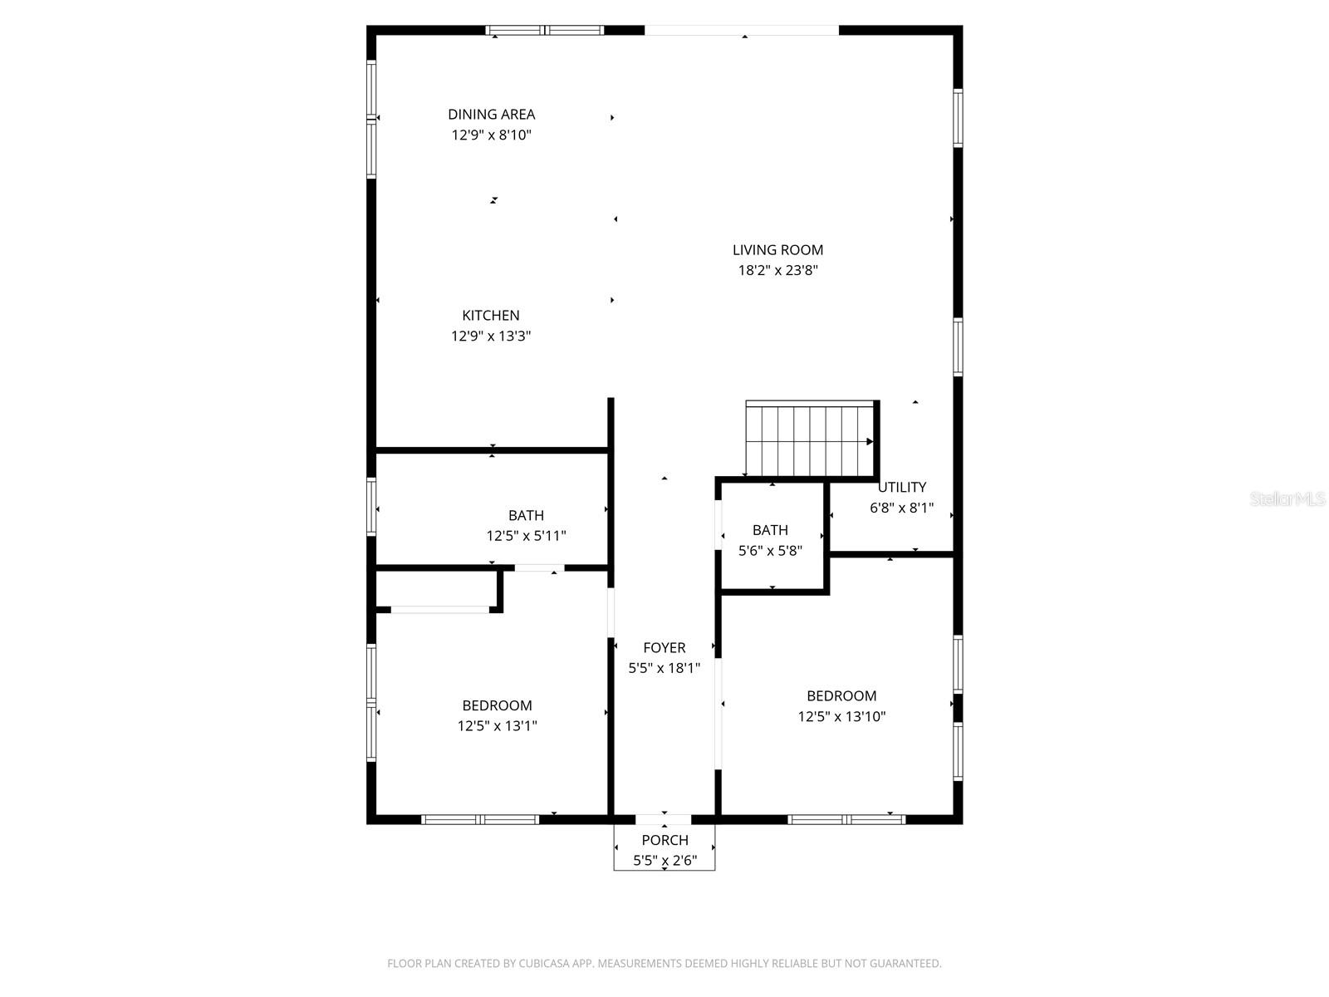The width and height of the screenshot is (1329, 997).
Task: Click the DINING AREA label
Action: point(491,115)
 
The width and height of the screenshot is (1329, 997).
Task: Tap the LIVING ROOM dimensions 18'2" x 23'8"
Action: point(778,270)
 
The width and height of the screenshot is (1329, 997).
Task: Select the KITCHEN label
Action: point(491,316)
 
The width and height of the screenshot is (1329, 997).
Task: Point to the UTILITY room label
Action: point(902,488)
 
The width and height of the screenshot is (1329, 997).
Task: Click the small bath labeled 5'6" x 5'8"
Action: point(770,539)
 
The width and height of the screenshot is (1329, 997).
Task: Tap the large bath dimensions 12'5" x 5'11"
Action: point(526,536)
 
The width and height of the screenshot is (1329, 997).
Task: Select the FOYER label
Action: point(664,648)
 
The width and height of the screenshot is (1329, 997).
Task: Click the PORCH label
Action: point(664,840)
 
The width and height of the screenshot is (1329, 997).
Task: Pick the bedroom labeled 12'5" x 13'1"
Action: point(497,715)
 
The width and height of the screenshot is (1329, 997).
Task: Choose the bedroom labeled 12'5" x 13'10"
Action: point(841,706)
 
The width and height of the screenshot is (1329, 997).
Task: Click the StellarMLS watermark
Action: point(1287,498)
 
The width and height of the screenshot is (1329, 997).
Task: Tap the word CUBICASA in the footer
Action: point(544,964)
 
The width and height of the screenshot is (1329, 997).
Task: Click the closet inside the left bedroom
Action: point(437,590)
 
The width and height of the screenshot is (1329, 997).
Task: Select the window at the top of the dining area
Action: point(545,31)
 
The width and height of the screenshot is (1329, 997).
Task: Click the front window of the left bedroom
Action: point(480,819)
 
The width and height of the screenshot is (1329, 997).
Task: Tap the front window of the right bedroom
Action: point(846,819)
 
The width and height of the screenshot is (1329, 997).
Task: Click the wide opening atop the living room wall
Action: point(742,31)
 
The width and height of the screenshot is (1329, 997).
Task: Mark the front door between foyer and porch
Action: point(664,819)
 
